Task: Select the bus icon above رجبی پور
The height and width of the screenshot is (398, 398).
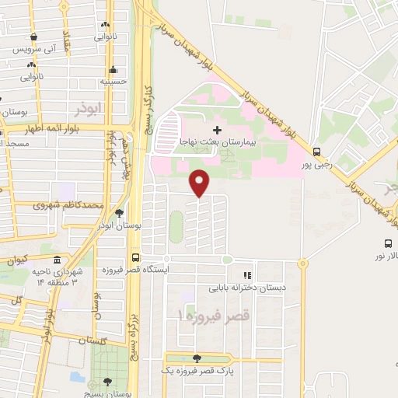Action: coord(316,152)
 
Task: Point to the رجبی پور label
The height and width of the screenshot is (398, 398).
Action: coord(316,164)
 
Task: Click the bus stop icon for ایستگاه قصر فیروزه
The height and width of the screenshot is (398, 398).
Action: coord(136,258)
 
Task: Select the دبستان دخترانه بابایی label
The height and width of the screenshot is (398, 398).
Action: coord(246,287)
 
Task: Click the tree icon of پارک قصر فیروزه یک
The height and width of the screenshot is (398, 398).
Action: coord(195,358)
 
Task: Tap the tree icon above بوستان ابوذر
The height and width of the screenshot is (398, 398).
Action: coord(118,213)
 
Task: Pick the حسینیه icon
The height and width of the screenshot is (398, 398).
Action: coord(113,68)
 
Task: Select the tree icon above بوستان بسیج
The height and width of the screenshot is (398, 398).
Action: coord(107,382)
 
